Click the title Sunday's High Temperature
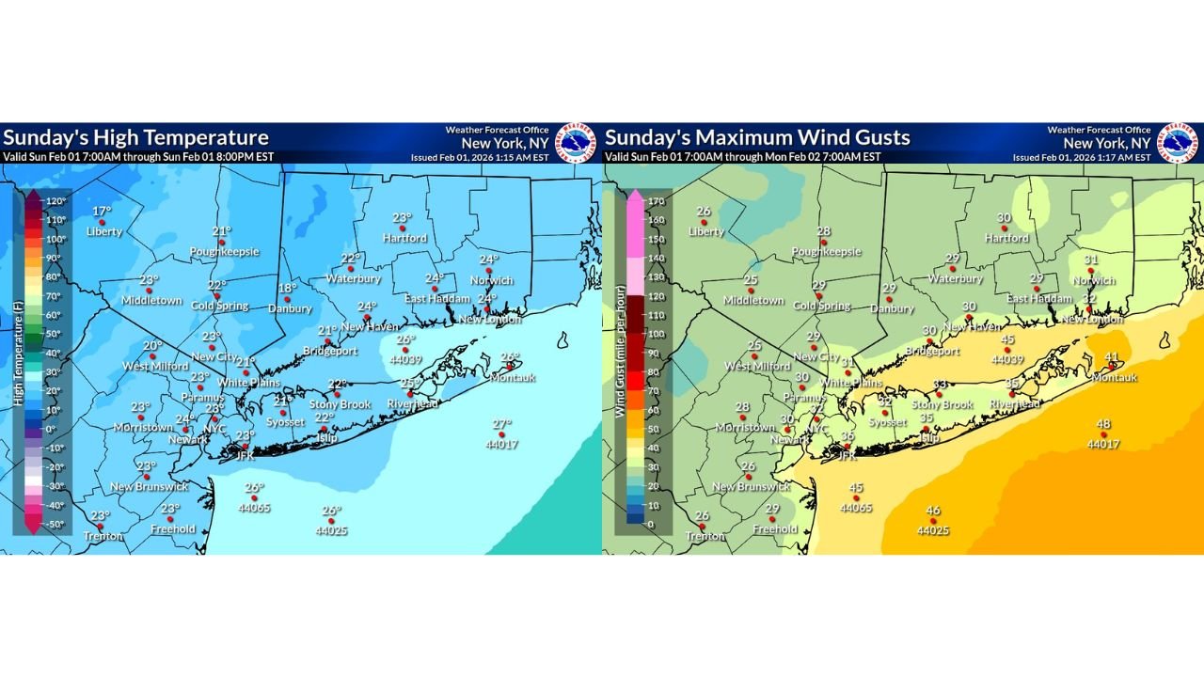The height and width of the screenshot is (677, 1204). (135, 137)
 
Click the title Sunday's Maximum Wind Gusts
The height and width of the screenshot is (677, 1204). (757, 137)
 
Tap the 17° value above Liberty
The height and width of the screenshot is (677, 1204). (102, 211)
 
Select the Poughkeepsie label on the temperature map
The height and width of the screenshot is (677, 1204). (224, 251)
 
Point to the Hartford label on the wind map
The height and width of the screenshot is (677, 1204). (1006, 238)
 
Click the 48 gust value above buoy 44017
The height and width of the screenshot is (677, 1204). (1103, 424)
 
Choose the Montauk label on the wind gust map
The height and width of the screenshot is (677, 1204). (1114, 377)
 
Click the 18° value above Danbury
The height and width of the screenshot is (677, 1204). (287, 289)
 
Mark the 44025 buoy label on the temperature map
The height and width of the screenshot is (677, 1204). (331, 530)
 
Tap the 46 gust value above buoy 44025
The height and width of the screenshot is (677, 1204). (932, 511)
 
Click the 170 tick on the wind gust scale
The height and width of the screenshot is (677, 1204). (653, 200)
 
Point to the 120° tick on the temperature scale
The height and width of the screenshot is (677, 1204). (54, 200)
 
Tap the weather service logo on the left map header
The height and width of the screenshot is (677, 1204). (576, 143)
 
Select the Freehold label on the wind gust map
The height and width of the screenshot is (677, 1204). (776, 528)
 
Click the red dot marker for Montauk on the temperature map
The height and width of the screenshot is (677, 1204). (504, 366)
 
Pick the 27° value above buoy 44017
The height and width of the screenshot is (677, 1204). (501, 424)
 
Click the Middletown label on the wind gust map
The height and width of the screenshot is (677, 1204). (752, 300)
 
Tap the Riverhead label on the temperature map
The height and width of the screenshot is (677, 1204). (413, 403)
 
